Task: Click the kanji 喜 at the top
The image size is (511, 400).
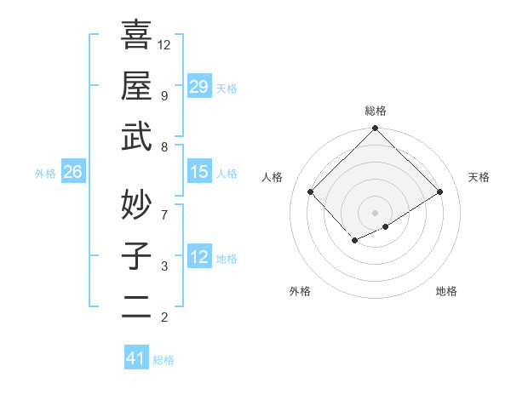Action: click(x=136, y=36)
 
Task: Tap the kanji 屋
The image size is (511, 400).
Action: click(x=136, y=85)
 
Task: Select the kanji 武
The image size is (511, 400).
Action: click(x=136, y=136)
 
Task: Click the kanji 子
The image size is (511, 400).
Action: click(x=136, y=255)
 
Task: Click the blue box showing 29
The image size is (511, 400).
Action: click(x=199, y=87)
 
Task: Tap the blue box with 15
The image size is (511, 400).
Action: click(x=199, y=172)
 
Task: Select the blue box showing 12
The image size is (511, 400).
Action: click(x=199, y=257)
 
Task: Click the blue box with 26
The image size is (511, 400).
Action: click(x=72, y=172)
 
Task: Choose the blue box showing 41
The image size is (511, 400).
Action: click(x=136, y=358)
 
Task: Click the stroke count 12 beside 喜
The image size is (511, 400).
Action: click(x=164, y=44)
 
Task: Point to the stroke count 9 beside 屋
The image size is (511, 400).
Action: click(x=164, y=95)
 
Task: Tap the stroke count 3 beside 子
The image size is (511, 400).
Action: click(x=164, y=266)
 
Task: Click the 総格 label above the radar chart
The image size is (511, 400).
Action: click(x=376, y=111)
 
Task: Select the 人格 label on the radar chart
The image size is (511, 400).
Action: click(x=273, y=177)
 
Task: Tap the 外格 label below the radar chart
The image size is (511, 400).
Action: click(x=300, y=291)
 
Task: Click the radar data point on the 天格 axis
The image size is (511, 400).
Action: click(x=440, y=191)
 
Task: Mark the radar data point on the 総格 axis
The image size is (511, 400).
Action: click(x=375, y=129)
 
